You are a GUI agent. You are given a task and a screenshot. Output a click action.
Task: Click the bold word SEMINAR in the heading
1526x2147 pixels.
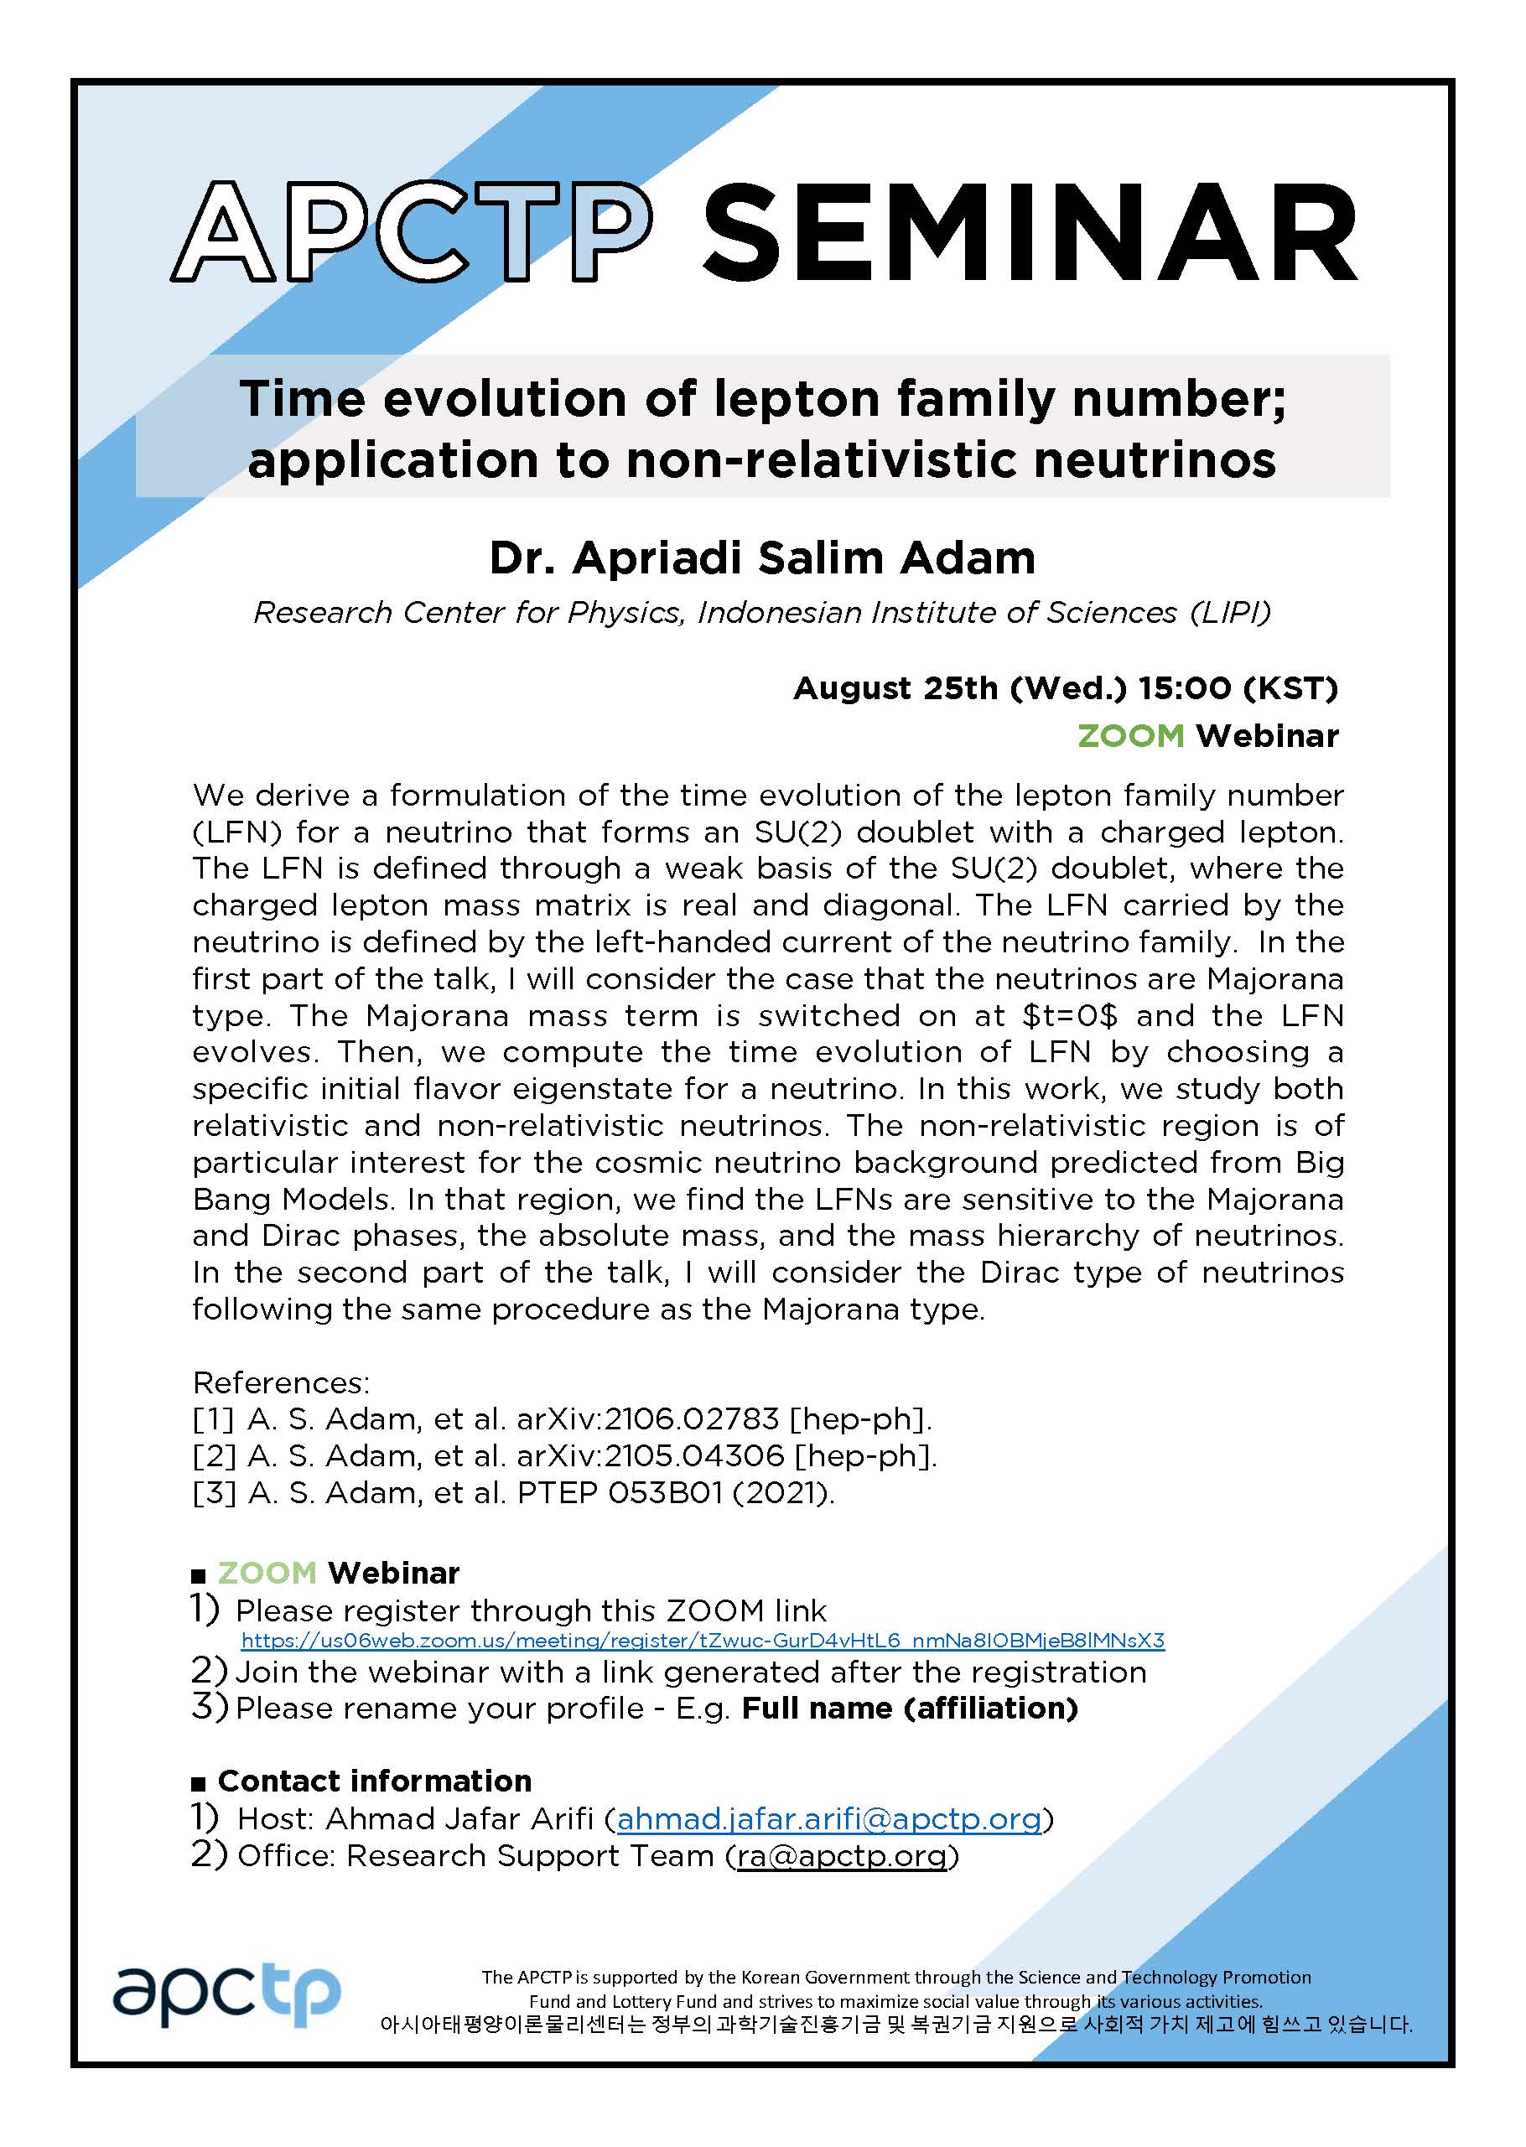[x=1029, y=231]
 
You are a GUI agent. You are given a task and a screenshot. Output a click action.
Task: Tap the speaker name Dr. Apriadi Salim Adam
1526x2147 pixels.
[x=762, y=558]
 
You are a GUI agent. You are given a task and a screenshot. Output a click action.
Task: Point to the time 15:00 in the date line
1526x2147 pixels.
[x=1183, y=689]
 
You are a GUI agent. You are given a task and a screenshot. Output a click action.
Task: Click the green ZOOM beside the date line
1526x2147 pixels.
[x=1130, y=736]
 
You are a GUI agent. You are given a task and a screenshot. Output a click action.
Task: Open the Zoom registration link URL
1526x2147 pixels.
[x=702, y=1641]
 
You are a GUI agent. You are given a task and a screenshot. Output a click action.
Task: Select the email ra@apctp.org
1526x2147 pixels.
[x=841, y=1856]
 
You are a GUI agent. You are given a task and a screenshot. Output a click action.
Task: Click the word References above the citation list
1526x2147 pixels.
[x=281, y=1382]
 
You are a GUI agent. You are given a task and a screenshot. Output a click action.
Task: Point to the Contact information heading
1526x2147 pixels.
[x=374, y=1781]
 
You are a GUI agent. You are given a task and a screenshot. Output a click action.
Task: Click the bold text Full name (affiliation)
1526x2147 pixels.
[x=910, y=1709]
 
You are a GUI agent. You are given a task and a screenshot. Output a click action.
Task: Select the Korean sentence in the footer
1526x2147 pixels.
[x=895, y=2025]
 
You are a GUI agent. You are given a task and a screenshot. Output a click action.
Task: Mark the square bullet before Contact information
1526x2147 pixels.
[x=197, y=1783]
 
